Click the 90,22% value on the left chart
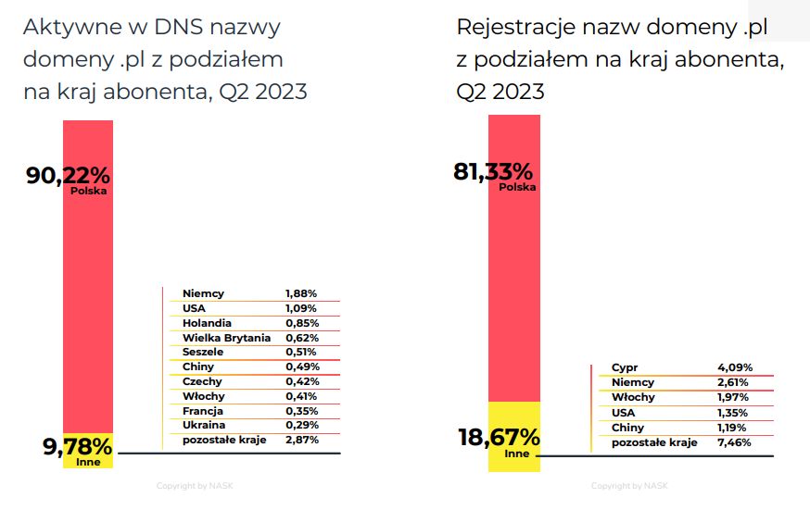[x=68, y=175]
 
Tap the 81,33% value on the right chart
[x=492, y=171]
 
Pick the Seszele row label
[x=203, y=352]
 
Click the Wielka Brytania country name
[x=226, y=337]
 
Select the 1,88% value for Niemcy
[x=301, y=293]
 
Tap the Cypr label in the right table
[x=625, y=367]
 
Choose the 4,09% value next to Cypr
[x=734, y=367]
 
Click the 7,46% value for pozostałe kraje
[x=734, y=442]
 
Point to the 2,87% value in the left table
[x=301, y=440]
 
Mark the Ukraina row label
[x=204, y=425]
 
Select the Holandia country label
[x=207, y=323]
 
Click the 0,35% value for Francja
[x=301, y=411]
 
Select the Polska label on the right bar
[x=517, y=187]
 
